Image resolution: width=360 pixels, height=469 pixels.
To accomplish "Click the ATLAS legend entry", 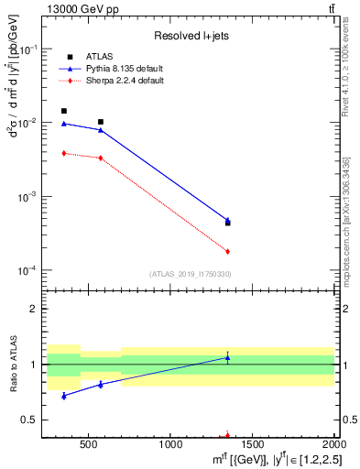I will click(98, 57).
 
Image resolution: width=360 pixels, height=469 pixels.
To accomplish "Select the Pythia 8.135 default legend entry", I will click(125, 69).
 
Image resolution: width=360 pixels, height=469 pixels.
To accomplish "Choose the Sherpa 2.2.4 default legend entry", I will click(124, 82).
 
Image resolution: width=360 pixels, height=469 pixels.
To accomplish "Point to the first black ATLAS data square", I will click(63, 111).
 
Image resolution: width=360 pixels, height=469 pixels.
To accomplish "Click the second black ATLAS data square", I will click(101, 122).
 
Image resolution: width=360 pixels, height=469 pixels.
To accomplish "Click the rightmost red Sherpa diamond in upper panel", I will click(227, 251).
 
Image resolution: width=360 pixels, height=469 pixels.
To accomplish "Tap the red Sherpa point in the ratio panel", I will click(227, 436).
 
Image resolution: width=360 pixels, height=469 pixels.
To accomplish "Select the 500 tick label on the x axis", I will click(88, 446).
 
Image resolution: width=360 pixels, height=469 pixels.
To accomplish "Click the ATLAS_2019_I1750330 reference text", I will click(190, 274).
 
